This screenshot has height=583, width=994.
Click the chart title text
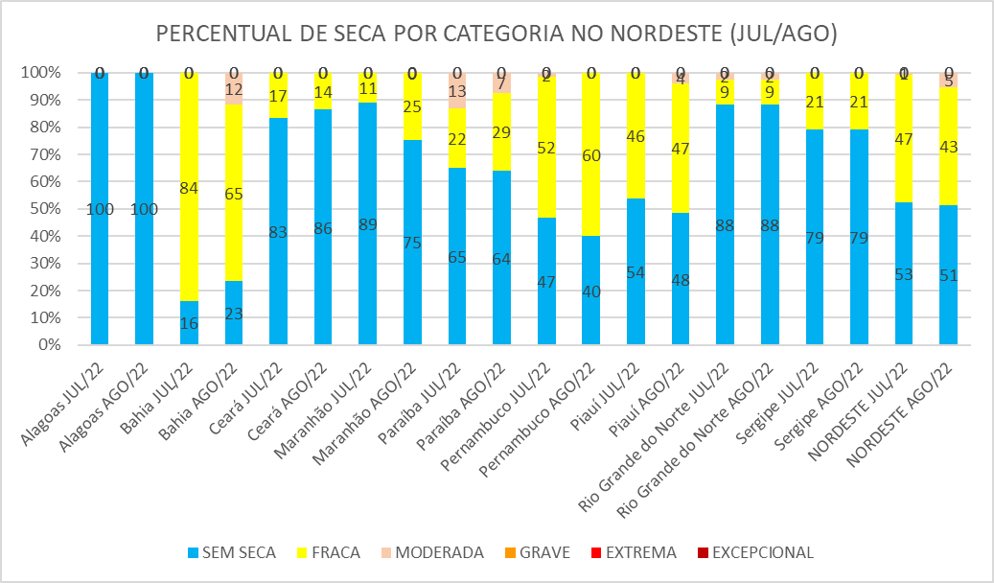(x=497, y=35)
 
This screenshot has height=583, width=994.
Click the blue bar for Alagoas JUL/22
(x=100, y=208)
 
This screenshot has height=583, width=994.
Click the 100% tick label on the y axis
(x=41, y=73)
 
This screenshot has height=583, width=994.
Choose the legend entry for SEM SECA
(x=232, y=552)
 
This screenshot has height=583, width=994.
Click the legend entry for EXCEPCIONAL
(x=754, y=552)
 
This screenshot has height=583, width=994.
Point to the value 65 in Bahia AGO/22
(x=234, y=194)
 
